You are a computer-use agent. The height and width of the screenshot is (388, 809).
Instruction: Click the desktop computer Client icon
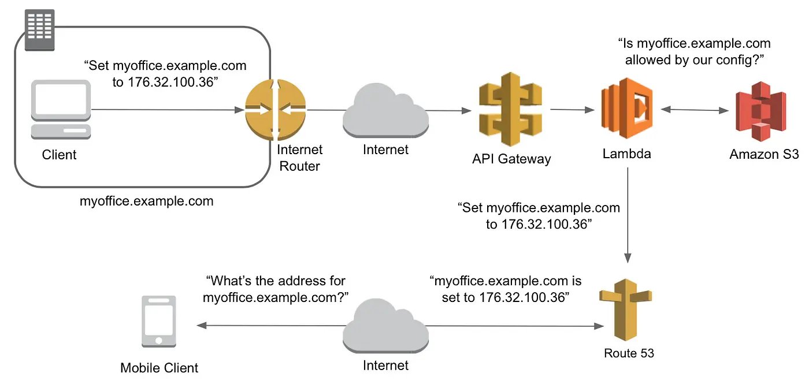tap(60, 110)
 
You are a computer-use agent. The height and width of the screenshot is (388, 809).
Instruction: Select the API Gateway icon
tap(510, 109)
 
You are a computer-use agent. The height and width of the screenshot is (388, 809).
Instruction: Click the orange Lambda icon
tap(627, 109)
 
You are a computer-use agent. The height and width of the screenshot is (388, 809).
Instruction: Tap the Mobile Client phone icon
tap(159, 322)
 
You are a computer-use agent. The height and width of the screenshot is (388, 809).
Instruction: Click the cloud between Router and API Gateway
tap(386, 110)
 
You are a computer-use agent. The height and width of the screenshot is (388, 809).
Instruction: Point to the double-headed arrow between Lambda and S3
tap(693, 109)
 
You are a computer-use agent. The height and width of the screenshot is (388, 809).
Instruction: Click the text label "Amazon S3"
tap(763, 154)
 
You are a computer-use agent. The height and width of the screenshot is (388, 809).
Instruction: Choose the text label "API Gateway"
tap(511, 159)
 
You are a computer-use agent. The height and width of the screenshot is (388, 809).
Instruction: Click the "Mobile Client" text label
tap(159, 368)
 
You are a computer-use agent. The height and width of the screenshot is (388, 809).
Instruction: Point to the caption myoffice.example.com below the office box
tap(146, 202)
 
